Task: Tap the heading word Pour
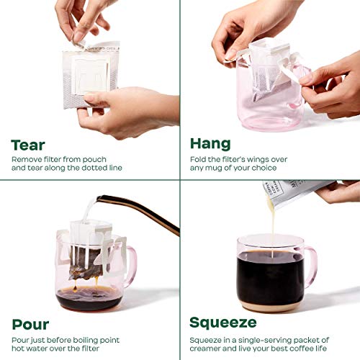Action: point(30,323)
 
